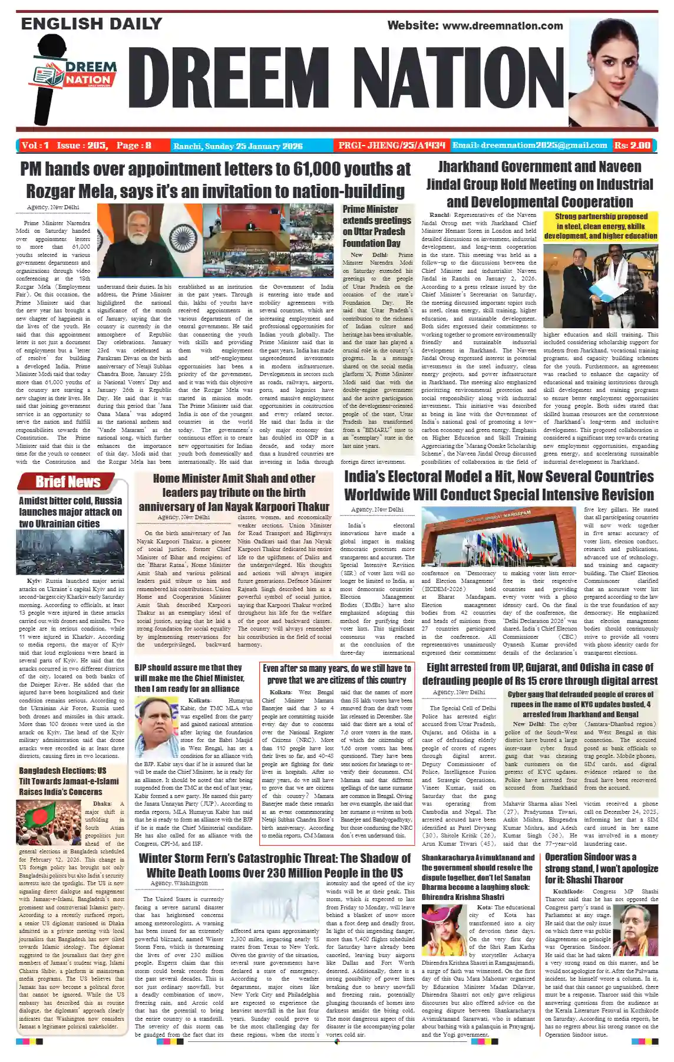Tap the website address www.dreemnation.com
click(475, 25)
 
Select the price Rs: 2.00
click(632, 146)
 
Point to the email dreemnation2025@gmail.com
click(529, 146)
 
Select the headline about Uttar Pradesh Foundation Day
click(376, 226)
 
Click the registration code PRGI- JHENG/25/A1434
click(391, 146)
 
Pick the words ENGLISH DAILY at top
click(91, 24)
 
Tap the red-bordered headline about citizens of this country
click(337, 674)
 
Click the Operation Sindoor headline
click(601, 869)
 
